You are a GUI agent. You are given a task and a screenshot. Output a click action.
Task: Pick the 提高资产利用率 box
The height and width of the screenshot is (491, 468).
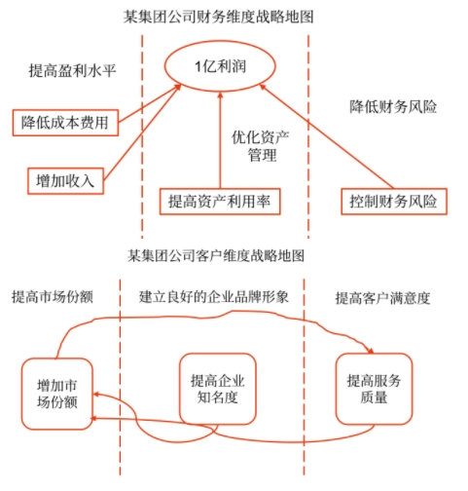coord(218,202)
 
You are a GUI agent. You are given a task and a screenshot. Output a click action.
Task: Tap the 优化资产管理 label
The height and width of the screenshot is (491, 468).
coord(262,146)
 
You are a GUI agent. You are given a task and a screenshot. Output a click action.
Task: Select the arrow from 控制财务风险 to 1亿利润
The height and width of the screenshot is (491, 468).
coord(321,136)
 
